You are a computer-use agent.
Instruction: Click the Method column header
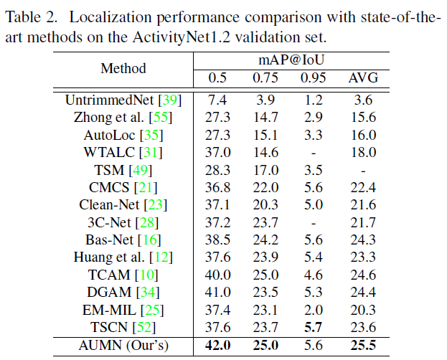(x=123, y=69)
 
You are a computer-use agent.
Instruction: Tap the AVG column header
(x=363, y=78)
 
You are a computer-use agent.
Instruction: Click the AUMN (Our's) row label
(x=123, y=344)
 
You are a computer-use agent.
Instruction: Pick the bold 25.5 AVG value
(x=364, y=344)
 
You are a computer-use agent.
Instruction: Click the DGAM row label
(x=110, y=291)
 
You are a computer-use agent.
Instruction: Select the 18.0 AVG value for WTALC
(x=364, y=152)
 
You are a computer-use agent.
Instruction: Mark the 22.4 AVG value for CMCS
(x=364, y=187)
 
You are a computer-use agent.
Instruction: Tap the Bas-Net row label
(x=112, y=240)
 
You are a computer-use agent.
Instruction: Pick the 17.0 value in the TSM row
(x=264, y=170)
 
